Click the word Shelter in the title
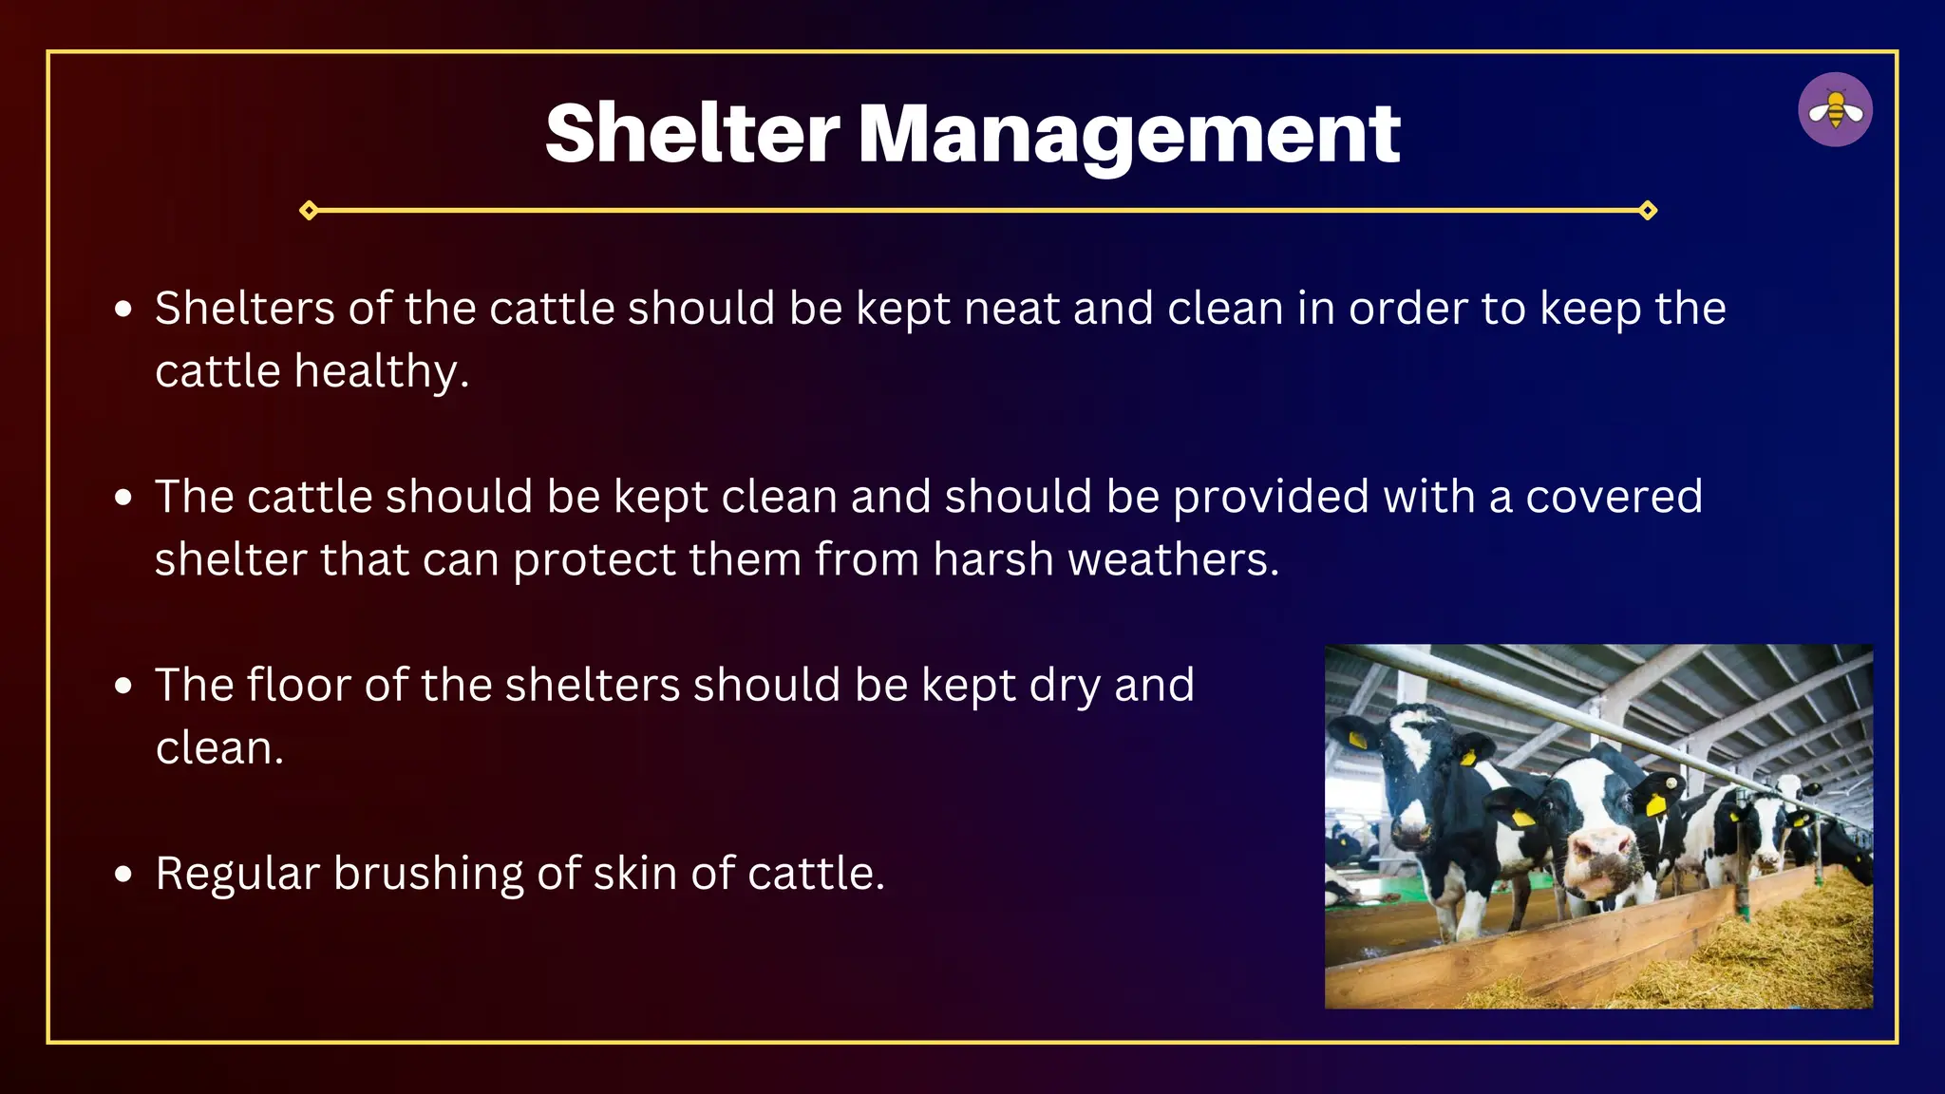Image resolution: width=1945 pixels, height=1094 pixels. [692, 133]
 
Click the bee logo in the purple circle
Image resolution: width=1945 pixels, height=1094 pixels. [1835, 110]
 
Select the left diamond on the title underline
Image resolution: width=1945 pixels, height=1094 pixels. [309, 210]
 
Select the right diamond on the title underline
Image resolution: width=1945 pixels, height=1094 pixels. [1648, 210]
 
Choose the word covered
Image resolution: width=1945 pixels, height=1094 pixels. [1614, 497]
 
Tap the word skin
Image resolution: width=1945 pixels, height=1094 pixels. [634, 873]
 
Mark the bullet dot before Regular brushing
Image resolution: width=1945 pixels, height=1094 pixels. [123, 875]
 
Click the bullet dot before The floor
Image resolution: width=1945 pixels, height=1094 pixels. [123, 686]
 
